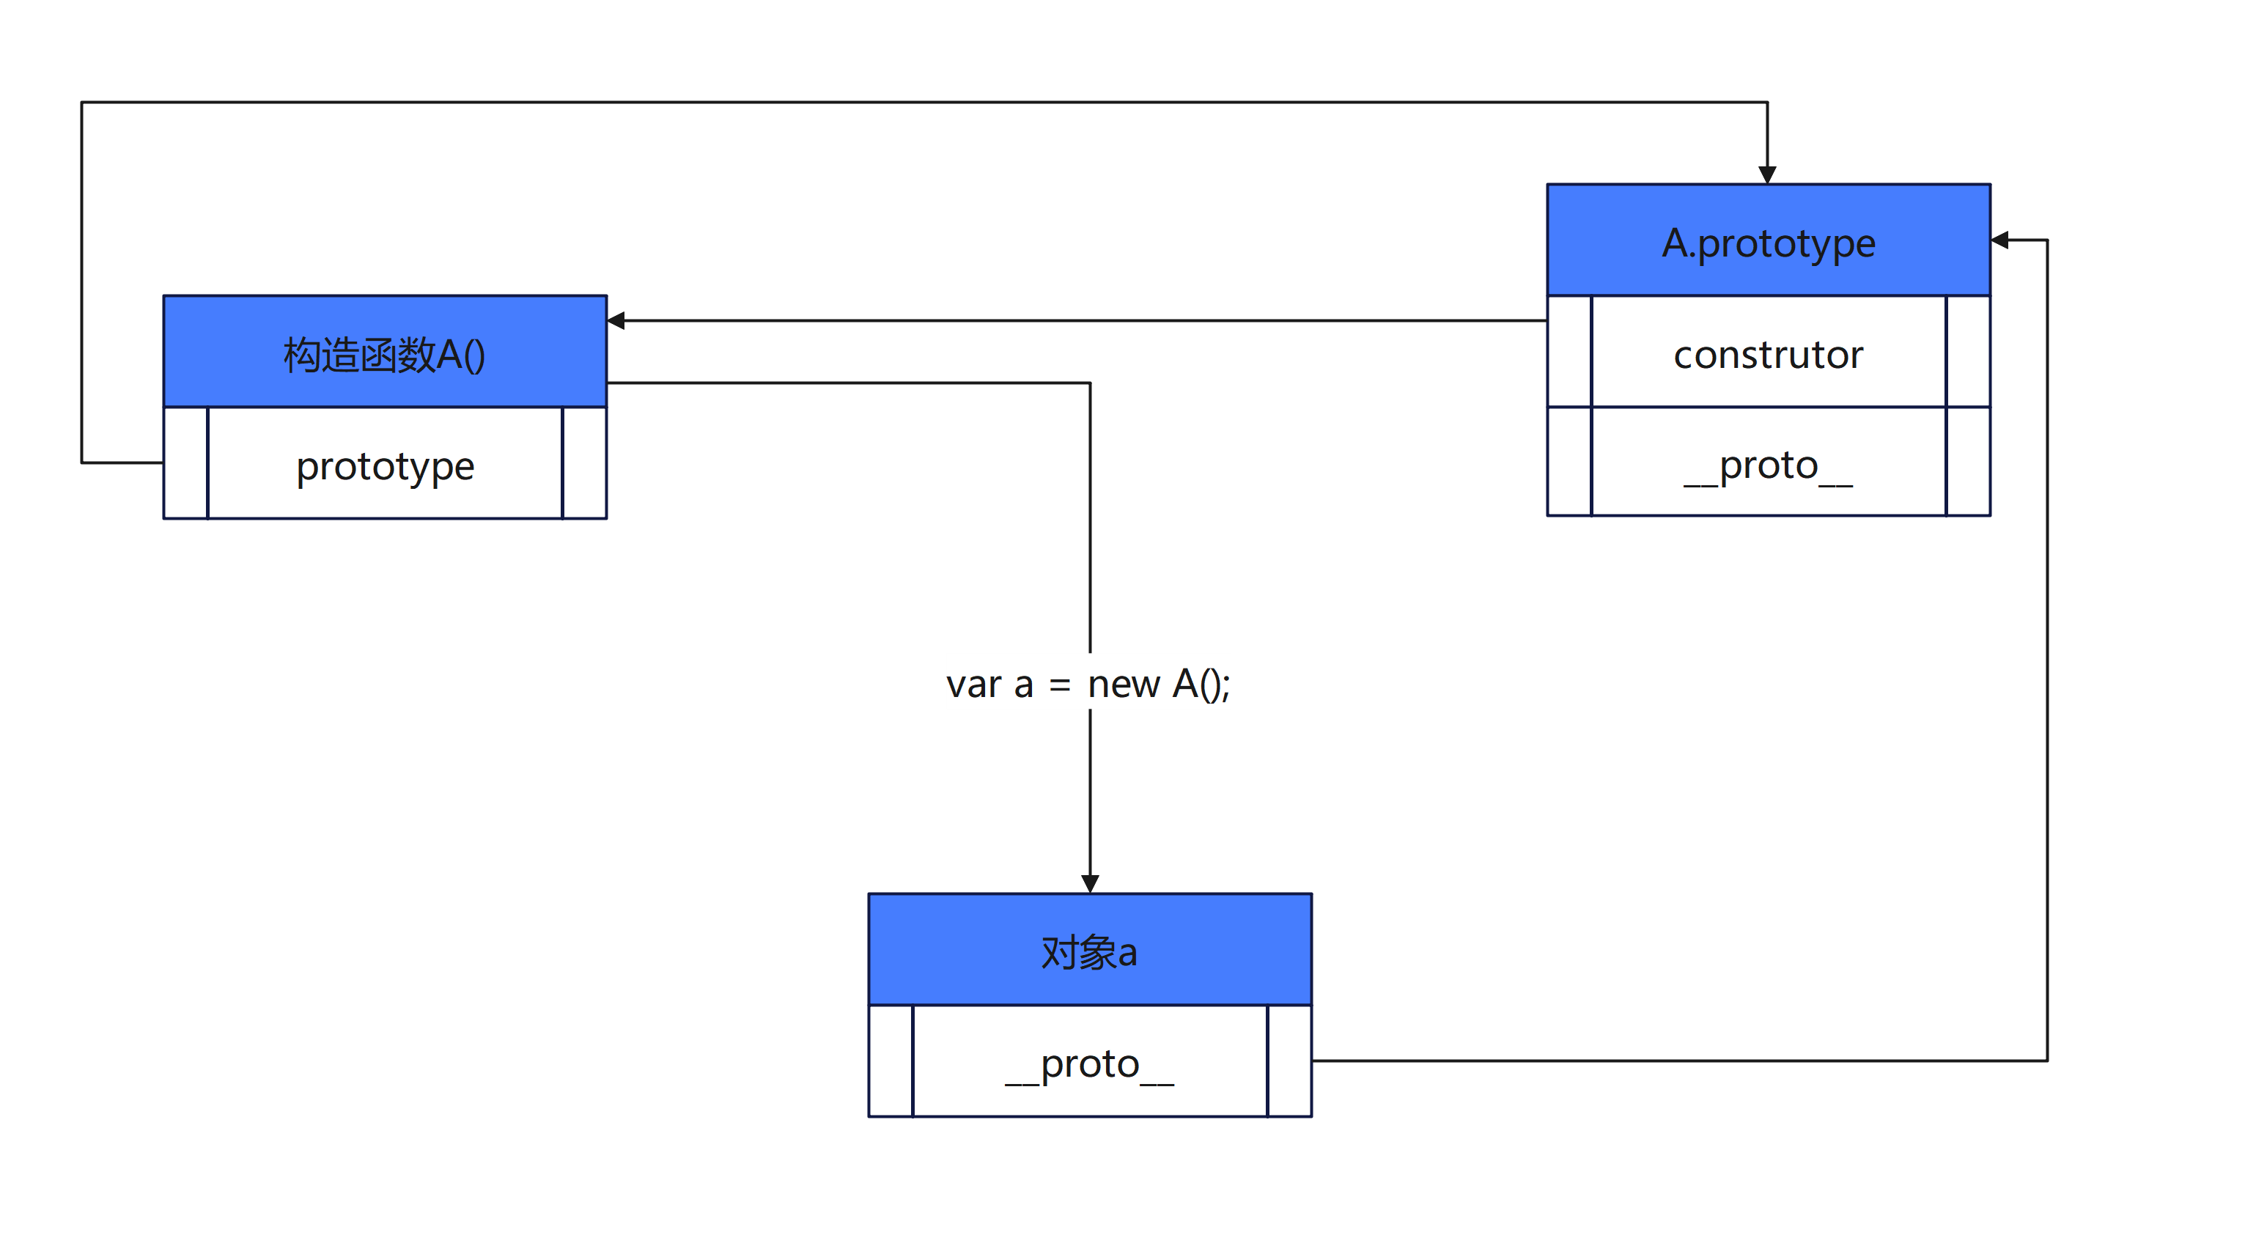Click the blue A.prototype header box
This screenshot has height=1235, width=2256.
pos(1768,240)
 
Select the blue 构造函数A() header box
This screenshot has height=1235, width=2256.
pos(386,351)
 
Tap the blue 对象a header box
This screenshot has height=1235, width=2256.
pos(1089,949)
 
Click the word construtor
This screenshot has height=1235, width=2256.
pos(1768,355)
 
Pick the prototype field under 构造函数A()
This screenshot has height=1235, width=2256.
pos(386,463)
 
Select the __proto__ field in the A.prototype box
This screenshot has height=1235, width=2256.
pos(1768,462)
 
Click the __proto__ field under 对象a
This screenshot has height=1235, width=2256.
pos(1089,1061)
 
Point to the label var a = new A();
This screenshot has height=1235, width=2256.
pos(1088,683)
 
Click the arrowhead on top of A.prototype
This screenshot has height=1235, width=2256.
pos(1767,175)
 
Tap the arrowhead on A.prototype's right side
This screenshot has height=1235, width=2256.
pos(1999,240)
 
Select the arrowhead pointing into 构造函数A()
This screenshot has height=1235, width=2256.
pos(616,320)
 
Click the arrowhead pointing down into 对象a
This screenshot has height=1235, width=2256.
pos(1089,884)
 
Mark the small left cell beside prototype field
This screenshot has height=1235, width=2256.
pos(185,463)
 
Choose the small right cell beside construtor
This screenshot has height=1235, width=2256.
pos(1968,351)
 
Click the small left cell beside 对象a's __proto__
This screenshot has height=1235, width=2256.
pos(891,1061)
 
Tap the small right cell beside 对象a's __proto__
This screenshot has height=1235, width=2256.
pos(1289,1061)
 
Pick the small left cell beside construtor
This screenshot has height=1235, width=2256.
pos(1569,351)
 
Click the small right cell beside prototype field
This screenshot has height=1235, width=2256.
pos(584,463)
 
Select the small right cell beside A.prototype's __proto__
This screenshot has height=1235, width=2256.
pos(1968,462)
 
